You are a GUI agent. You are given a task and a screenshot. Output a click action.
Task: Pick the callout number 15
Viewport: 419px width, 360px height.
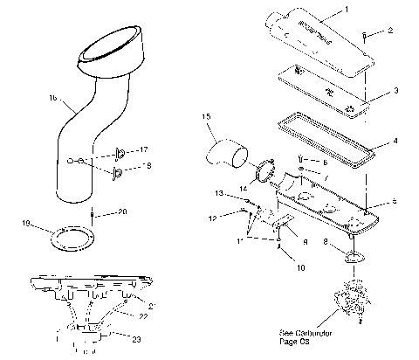206,117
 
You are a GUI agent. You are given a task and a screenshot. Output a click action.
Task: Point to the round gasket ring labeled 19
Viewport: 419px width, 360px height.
66,238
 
